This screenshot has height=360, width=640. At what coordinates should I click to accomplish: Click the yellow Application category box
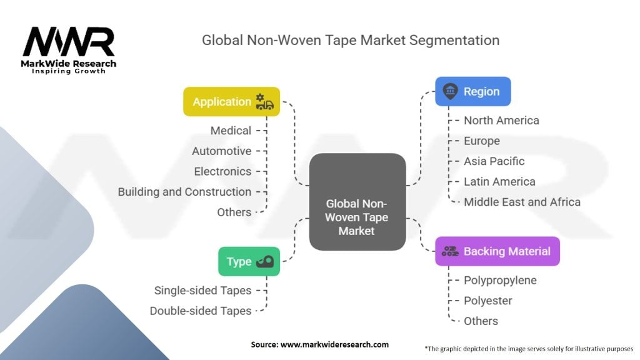pyautogui.click(x=231, y=102)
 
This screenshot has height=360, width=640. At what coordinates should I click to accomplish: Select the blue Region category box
pyautogui.click(x=472, y=91)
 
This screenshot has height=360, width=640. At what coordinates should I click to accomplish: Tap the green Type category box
pyautogui.click(x=249, y=261)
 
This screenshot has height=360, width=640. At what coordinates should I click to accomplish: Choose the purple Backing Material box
pyautogui.click(x=497, y=251)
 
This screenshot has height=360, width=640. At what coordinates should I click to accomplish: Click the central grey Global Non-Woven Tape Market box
pyautogui.click(x=357, y=202)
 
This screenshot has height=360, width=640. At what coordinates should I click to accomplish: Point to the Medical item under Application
pyautogui.click(x=231, y=131)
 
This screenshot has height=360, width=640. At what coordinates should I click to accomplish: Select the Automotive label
pyautogui.click(x=222, y=151)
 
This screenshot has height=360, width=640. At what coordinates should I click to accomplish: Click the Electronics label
pyautogui.click(x=222, y=171)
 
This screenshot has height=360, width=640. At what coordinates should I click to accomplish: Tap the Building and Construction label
pyautogui.click(x=184, y=192)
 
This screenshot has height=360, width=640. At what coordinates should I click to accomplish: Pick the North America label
pyautogui.click(x=501, y=121)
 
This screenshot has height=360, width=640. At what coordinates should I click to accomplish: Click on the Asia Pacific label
pyautogui.click(x=494, y=161)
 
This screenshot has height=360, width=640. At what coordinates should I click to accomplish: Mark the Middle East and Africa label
pyautogui.click(x=522, y=202)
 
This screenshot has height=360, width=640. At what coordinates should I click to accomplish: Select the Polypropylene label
pyautogui.click(x=500, y=281)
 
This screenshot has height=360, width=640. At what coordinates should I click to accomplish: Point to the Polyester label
pyautogui.click(x=487, y=301)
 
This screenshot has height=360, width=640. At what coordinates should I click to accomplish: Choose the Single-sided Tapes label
pyautogui.click(x=202, y=291)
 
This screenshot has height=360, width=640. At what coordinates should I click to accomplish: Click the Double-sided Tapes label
pyautogui.click(x=201, y=311)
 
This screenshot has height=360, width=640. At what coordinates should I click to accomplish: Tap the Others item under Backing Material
pyautogui.click(x=481, y=321)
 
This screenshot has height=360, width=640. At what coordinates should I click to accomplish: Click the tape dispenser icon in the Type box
pyautogui.click(x=265, y=261)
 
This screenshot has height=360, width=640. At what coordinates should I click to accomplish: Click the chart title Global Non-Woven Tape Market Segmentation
pyautogui.click(x=351, y=40)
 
